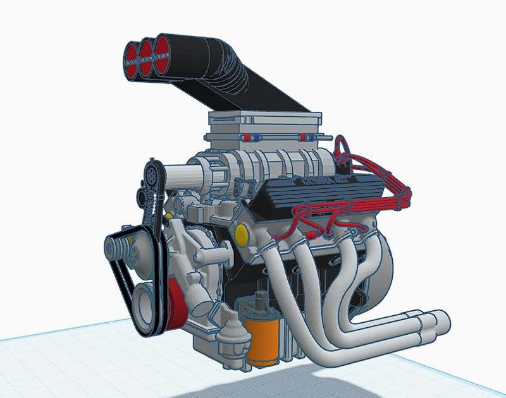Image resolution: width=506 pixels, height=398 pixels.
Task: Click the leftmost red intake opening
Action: point(133,54)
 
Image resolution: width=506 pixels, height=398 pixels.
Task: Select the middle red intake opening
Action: point(147,51)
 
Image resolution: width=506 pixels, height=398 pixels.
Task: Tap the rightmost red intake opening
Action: point(163,47)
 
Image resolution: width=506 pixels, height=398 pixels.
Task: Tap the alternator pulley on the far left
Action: point(120,243)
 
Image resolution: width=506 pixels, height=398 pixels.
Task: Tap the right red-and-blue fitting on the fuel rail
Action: point(307,137)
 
